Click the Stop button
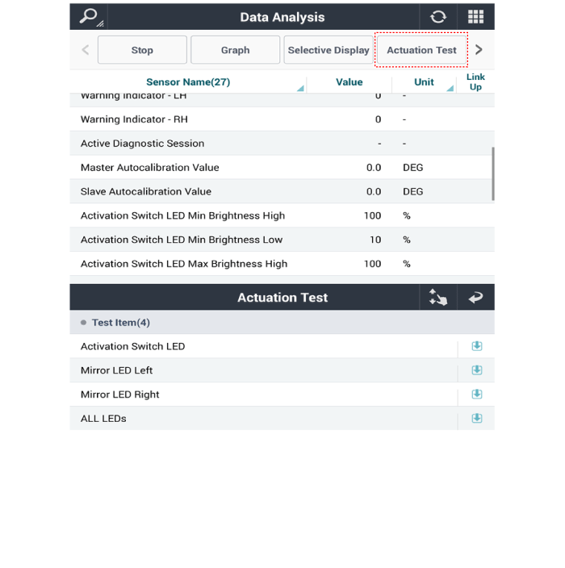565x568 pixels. pyautogui.click(x=142, y=50)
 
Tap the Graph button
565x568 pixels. pyautogui.click(x=235, y=50)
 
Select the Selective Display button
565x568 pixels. pyautogui.click(x=329, y=50)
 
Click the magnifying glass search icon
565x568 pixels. pyautogui.click(x=89, y=17)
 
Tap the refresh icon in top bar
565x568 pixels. pyautogui.click(x=438, y=17)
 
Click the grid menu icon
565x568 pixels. pyautogui.click(x=475, y=17)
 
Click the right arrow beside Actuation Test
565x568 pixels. pyautogui.click(x=479, y=50)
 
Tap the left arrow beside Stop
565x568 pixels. pyautogui.click(x=86, y=50)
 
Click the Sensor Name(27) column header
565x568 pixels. pyautogui.click(x=188, y=81)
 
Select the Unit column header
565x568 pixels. pyautogui.click(x=424, y=81)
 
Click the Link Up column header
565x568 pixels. pyautogui.click(x=475, y=81)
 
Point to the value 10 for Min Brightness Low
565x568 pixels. pyautogui.click(x=375, y=240)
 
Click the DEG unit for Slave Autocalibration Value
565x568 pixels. pyautogui.click(x=412, y=191)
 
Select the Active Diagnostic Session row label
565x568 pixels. pyautogui.click(x=142, y=144)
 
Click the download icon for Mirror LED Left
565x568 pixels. pyautogui.click(x=477, y=370)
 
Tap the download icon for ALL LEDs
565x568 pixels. pyautogui.click(x=477, y=419)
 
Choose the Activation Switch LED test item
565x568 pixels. pyautogui.click(x=133, y=346)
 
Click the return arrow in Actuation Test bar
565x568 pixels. pyautogui.click(x=475, y=298)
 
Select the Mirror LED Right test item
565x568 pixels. pyautogui.click(x=120, y=395)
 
